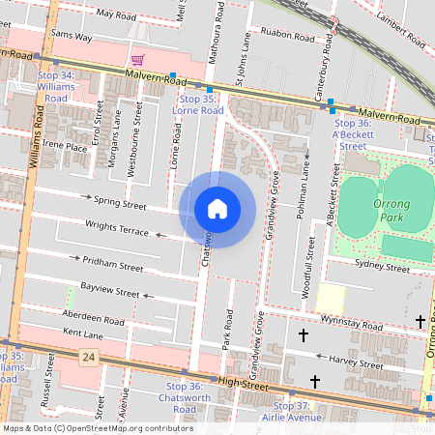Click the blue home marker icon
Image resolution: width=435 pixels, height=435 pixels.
click(x=217, y=210)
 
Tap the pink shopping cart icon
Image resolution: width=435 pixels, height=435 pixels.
click(x=138, y=60)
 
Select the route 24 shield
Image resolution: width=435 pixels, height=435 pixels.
click(x=89, y=358)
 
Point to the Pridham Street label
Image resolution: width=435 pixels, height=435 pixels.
click(x=112, y=262)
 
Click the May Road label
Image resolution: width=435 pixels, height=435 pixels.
click(x=118, y=16)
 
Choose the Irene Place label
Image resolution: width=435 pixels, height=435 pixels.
click(x=65, y=146)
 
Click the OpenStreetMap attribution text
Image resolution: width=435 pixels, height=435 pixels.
click(x=97, y=428)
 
